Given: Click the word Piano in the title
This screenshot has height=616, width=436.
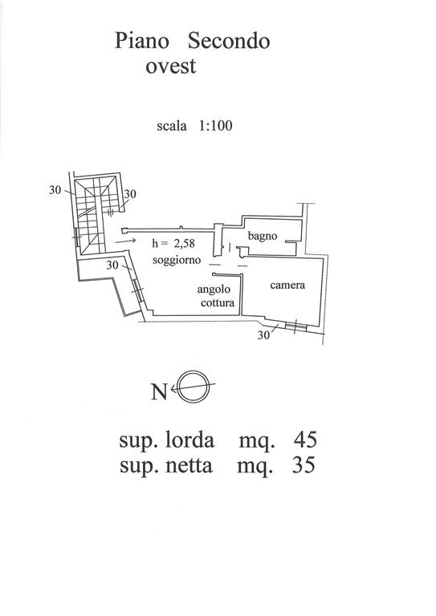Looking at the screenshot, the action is click(142, 41).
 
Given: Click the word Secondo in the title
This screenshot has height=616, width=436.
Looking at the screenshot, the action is click(229, 41).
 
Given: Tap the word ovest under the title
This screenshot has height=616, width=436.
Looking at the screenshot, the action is click(170, 67).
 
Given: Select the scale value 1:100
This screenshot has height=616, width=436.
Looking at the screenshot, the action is click(216, 126).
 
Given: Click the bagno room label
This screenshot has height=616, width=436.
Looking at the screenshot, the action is click(263, 236).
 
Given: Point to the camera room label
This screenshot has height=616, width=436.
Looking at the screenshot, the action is click(287, 285).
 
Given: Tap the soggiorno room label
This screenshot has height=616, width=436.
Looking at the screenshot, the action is click(177, 260).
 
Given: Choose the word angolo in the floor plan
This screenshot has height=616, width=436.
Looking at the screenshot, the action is click(214, 290).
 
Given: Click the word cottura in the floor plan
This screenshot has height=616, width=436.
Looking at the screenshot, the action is click(218, 302).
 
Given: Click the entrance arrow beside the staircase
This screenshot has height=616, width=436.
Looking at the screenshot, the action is click(125, 241).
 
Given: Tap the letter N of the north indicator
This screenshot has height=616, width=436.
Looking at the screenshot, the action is click(159, 391).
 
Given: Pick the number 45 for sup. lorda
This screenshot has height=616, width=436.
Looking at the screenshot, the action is click(305, 440).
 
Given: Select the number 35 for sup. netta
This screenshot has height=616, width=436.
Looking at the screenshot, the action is click(304, 465).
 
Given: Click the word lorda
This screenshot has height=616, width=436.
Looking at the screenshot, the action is click(189, 440).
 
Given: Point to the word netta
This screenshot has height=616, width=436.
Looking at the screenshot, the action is click(189, 466).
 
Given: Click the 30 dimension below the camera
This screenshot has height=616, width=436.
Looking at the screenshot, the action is click(264, 335).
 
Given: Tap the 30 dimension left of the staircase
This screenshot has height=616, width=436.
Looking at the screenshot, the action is click(55, 190).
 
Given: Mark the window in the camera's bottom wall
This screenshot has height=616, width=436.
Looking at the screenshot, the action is click(296, 326).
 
